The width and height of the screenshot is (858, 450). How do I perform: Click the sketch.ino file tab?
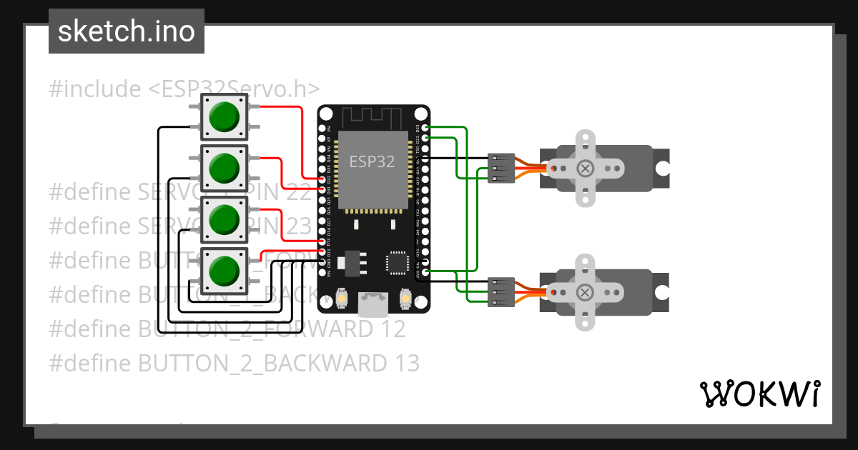[x=127, y=31]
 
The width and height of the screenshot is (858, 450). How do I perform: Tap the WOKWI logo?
[x=759, y=394]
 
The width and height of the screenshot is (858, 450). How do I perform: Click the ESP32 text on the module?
[x=371, y=161]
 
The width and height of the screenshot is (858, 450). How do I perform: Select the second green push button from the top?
[x=224, y=167]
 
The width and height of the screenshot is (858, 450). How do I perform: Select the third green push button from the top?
[x=224, y=219]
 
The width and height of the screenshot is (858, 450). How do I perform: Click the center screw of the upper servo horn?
[x=586, y=169]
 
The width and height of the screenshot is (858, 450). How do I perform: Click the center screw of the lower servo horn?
[x=586, y=292]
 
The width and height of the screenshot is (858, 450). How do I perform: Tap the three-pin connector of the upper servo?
[x=501, y=168]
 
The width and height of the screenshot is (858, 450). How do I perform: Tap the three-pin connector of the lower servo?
[x=501, y=291]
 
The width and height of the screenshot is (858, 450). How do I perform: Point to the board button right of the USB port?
[x=405, y=299]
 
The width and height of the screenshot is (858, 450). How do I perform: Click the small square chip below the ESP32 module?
[x=398, y=261]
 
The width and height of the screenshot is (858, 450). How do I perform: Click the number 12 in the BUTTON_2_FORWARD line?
[x=392, y=329]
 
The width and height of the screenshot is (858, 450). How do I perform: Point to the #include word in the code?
[x=95, y=89]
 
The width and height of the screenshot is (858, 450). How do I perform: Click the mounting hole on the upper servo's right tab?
[x=662, y=169]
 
